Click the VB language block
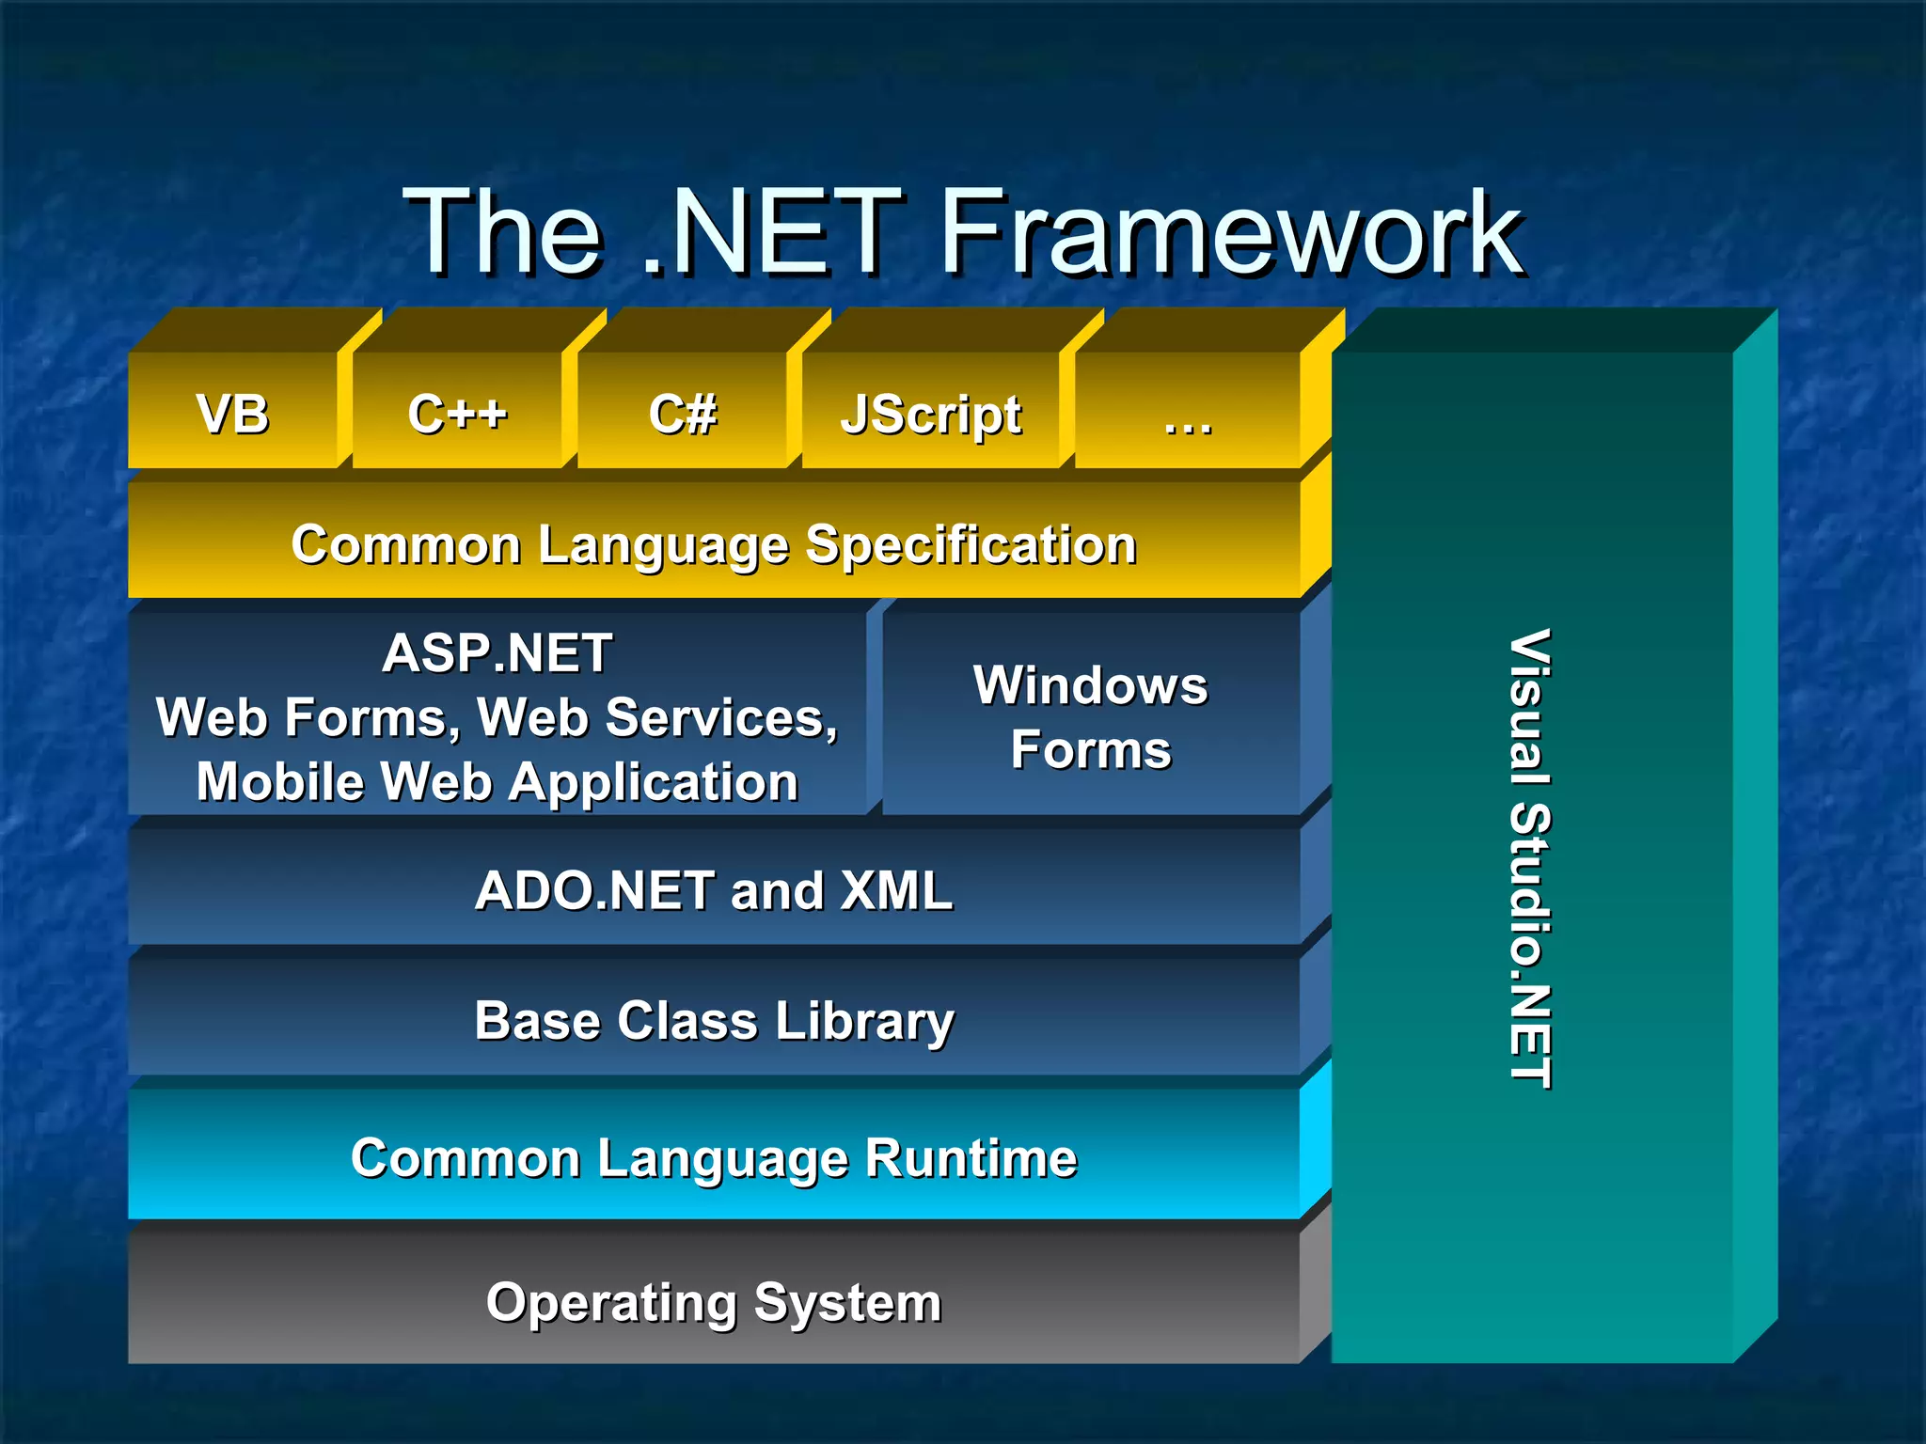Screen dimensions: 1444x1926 click(232, 414)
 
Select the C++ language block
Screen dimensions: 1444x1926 click(457, 414)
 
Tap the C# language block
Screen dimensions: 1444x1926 click(683, 414)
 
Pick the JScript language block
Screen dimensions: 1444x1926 click(931, 414)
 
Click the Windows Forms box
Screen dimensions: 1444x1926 click(1091, 716)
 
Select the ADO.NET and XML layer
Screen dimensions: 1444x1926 click(714, 889)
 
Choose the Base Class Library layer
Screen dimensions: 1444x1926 click(714, 1020)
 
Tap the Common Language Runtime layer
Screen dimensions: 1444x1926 click(714, 1157)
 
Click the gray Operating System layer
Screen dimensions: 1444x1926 click(714, 1302)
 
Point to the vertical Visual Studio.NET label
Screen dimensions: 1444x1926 click(1530, 857)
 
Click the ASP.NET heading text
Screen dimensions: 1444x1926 click(497, 652)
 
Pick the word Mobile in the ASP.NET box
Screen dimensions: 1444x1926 click(279, 781)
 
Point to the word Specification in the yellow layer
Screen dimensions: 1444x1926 click(971, 544)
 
